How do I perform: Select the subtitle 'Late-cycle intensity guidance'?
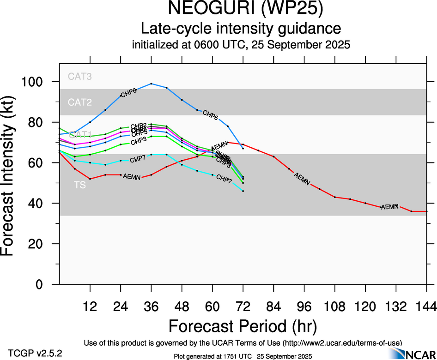[x=241, y=29]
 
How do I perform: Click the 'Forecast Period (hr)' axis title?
[x=243, y=326]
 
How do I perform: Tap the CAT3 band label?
[x=80, y=76]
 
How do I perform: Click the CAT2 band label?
[x=80, y=102]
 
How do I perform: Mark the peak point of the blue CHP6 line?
[x=151, y=84]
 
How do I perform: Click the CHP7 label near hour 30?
[x=138, y=160]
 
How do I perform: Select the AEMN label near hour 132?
[x=389, y=207]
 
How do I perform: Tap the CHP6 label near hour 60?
[x=210, y=115]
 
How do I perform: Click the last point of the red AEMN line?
[x=426, y=211]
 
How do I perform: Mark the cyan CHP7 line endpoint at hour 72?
[x=243, y=191]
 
